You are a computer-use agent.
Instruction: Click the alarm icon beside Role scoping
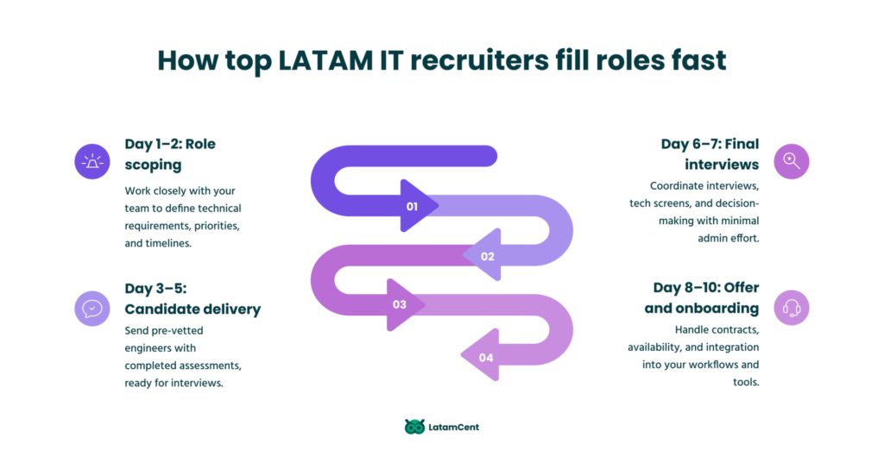click(92, 161)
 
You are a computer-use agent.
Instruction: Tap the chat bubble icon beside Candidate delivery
click(92, 308)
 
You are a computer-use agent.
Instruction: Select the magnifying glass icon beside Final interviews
click(792, 161)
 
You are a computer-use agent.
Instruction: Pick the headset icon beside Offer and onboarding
click(792, 308)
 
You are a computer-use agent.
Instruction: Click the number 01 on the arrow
click(412, 207)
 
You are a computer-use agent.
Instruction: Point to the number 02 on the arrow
click(488, 256)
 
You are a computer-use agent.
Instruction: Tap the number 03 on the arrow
click(400, 304)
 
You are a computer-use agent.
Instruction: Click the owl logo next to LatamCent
click(414, 427)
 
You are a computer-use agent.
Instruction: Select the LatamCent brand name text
click(454, 427)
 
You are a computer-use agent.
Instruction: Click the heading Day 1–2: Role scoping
click(170, 153)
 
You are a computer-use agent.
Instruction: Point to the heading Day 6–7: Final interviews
click(704, 153)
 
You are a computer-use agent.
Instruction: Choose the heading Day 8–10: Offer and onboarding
click(705, 297)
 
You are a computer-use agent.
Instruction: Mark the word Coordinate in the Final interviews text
click(684, 185)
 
